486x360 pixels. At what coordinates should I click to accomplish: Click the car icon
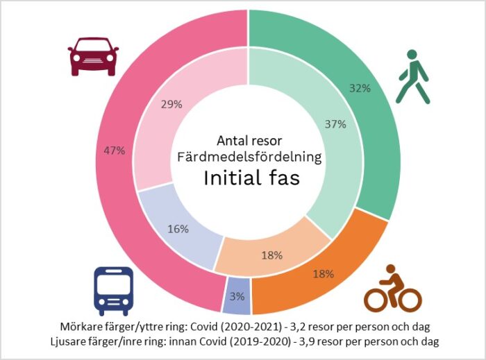click(93, 56)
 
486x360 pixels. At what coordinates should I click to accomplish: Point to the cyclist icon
click(393, 289)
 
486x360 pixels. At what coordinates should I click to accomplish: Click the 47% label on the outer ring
click(115, 151)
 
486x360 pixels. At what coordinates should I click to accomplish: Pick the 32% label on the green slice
click(360, 89)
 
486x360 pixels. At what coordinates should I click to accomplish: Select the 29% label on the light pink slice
click(171, 104)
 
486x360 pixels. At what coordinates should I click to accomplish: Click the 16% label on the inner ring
click(178, 229)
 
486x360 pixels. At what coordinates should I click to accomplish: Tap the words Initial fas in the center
click(251, 178)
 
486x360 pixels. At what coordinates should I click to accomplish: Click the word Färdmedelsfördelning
click(251, 157)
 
